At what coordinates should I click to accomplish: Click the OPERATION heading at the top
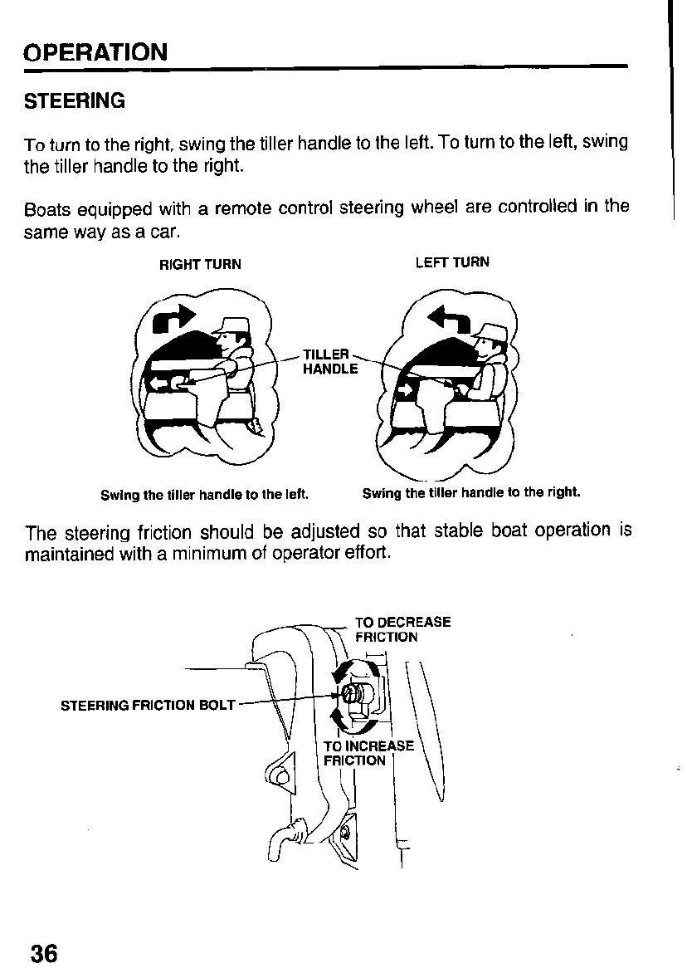pos(95,52)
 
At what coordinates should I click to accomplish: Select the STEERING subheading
pos(75,101)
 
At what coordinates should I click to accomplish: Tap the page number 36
pos(44,952)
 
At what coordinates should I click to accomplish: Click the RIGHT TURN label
pos(200,264)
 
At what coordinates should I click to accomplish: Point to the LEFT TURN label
pos(452,262)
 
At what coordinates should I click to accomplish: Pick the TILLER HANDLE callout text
pos(330,361)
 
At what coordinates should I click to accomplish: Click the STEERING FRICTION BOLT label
pos(149,705)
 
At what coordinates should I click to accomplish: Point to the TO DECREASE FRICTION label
pos(402,629)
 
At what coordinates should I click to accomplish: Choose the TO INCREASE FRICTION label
pos(368,752)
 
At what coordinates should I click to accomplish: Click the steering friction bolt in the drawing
pos(349,693)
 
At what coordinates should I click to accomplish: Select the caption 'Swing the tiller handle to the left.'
pos(204,496)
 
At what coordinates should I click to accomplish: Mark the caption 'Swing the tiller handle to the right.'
pos(471,492)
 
